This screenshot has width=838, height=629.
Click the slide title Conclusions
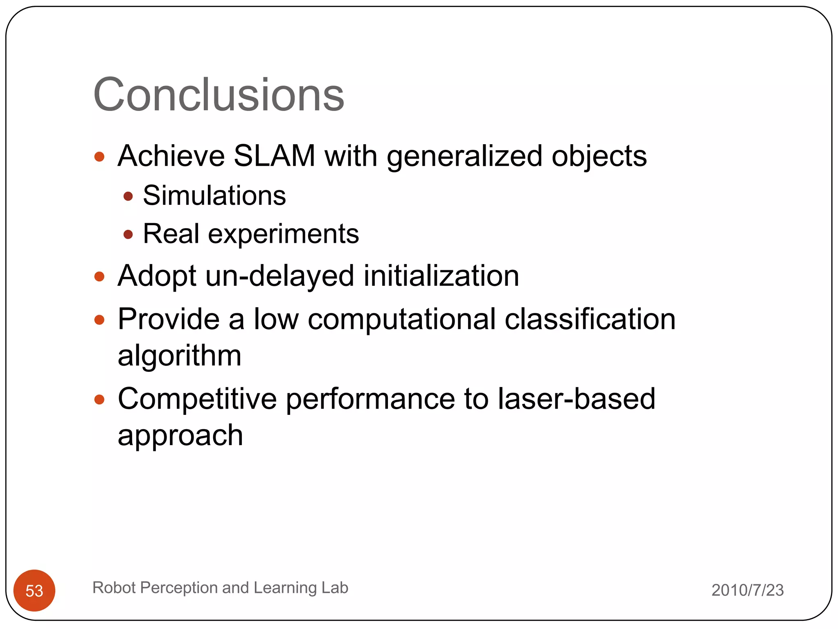pos(219,95)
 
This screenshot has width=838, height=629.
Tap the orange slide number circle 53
pos(34,591)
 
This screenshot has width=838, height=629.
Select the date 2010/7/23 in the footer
pos(747,590)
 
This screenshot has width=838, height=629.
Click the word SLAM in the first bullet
pos(274,156)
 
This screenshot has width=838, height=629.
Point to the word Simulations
pos(214,195)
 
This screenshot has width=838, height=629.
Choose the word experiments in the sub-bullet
pos(283,234)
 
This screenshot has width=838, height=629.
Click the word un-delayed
pos(280,276)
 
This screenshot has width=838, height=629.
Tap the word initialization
pos(441,276)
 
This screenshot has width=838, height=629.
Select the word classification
pos(590,319)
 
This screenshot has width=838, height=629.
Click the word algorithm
pos(179,355)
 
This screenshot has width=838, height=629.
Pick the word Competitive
pos(197,398)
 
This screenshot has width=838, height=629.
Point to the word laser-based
pos(576,398)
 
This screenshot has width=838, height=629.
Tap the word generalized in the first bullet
pos(464,156)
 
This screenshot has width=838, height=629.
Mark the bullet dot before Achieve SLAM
pos(99,157)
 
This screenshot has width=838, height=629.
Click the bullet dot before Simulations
pos(128,196)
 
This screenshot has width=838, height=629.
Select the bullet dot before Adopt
pos(99,276)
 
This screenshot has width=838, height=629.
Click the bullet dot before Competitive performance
pos(99,399)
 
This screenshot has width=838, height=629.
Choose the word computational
pos(401,319)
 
